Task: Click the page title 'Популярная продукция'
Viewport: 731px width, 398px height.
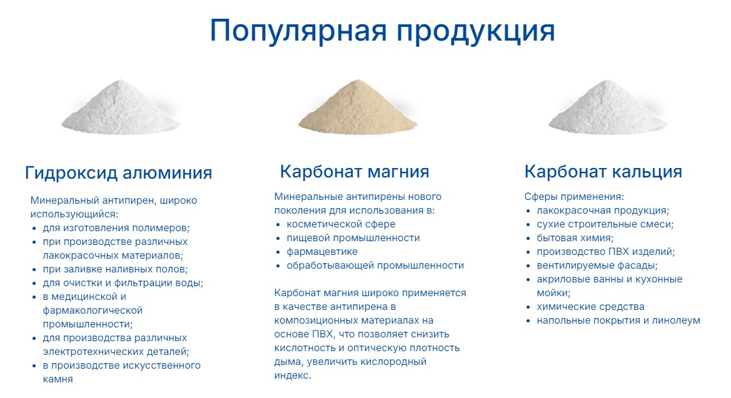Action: click(x=382, y=31)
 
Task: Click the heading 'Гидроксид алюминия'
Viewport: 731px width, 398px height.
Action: click(x=118, y=173)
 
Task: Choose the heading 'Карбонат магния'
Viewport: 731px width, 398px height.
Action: click(x=355, y=171)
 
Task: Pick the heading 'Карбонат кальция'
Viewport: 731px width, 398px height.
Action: click(x=603, y=171)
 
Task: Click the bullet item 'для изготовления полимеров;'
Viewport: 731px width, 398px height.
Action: click(x=116, y=228)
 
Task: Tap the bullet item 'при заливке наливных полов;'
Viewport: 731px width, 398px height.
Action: click(x=115, y=269)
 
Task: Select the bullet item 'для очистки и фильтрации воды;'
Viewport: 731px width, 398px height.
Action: click(x=123, y=283)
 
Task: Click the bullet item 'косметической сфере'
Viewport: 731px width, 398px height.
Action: click(x=341, y=224)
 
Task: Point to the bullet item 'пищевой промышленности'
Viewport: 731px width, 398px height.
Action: click(x=353, y=237)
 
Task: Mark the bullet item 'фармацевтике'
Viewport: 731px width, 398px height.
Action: click(x=322, y=252)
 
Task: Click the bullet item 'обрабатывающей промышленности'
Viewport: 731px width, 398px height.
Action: click(x=375, y=265)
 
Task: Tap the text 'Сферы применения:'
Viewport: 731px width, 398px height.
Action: click(x=574, y=197)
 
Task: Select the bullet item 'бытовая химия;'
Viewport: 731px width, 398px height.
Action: click(x=575, y=237)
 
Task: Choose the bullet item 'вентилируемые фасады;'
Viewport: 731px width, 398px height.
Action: click(x=597, y=266)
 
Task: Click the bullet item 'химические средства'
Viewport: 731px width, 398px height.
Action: click(x=591, y=307)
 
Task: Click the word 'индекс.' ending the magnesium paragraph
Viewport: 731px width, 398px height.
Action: click(x=292, y=375)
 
